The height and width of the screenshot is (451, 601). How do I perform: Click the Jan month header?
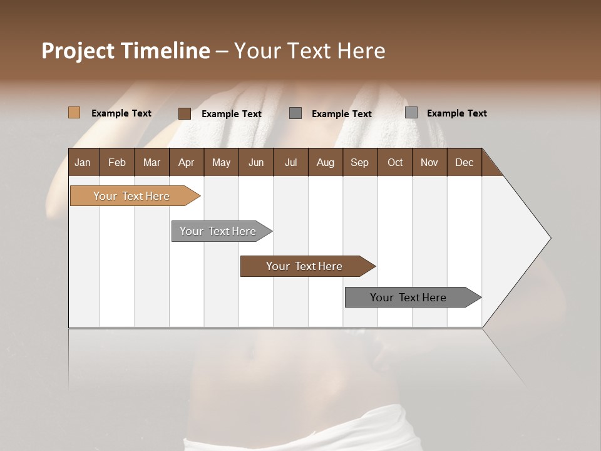pos(83,162)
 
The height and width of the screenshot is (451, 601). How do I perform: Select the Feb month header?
pos(117,162)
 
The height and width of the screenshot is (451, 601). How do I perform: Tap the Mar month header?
pos(152,162)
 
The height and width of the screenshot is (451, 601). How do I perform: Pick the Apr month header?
pos(187,162)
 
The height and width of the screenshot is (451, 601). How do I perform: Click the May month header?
pos(221,162)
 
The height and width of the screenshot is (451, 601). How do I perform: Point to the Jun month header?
pos(256,162)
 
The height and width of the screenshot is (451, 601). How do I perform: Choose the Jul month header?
pos(290,162)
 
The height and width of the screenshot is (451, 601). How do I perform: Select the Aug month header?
pos(325,162)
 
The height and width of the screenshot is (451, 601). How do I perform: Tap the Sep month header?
pos(359,162)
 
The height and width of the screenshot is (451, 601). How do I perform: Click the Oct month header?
pos(395,162)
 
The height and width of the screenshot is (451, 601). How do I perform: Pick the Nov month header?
pos(429,162)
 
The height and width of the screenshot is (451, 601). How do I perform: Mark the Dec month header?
pos(464,162)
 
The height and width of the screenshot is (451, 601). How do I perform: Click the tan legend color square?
pos(74,113)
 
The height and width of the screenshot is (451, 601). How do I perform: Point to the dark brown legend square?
pos(184,113)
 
